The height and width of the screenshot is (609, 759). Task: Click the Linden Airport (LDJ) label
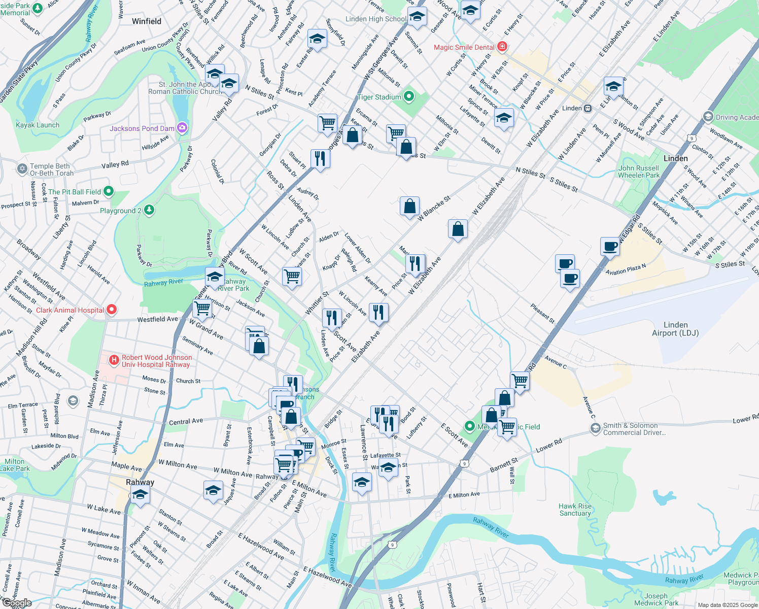675,329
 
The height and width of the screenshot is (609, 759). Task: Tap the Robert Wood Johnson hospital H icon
114,360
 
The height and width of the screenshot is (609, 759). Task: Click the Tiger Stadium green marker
409,96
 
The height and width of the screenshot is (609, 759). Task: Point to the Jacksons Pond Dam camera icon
182,128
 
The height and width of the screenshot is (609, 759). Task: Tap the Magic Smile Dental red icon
502,47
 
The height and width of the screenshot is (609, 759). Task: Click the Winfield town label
147,21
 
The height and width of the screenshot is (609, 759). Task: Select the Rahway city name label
140,482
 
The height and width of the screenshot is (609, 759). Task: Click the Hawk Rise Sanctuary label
575,510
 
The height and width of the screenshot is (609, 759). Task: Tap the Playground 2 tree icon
149,210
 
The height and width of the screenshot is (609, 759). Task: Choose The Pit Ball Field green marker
109,191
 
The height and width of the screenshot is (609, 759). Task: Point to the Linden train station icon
588,108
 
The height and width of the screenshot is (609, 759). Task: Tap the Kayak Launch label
38,125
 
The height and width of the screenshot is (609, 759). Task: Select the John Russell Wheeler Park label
639,172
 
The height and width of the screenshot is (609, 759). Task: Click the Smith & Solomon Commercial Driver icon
595,429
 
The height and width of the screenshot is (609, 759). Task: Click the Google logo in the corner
17,603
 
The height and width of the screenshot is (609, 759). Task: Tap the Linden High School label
375,19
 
